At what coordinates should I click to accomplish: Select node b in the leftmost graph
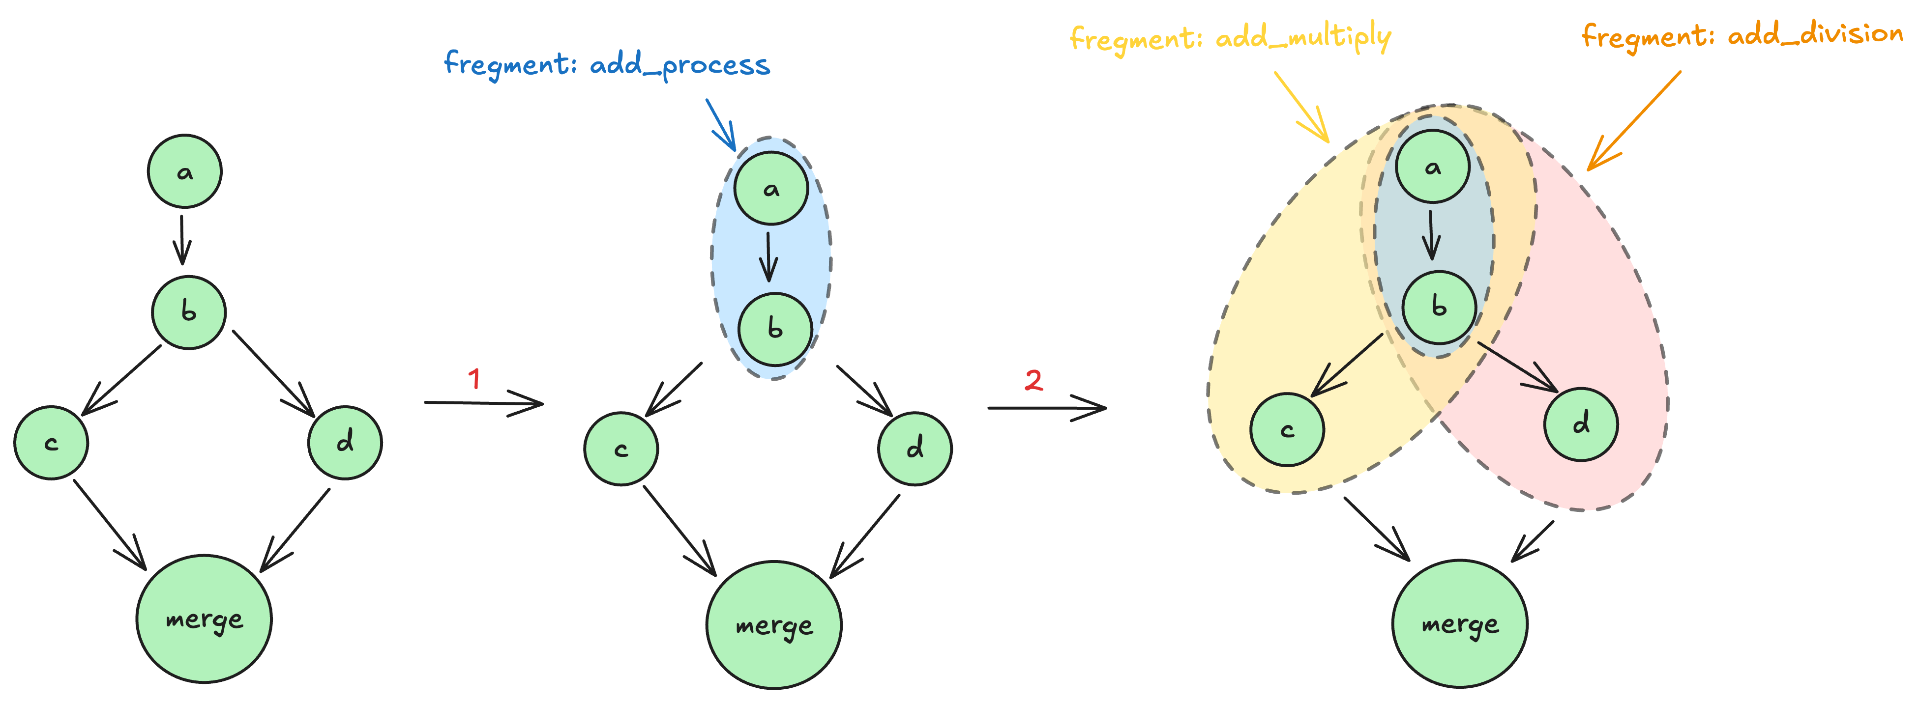[188, 312]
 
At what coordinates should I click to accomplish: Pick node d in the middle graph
[915, 449]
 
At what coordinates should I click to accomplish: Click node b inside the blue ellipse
[775, 329]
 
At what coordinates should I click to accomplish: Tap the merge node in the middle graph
[774, 625]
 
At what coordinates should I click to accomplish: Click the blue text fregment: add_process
[606, 65]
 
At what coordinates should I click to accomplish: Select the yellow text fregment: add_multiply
[1230, 38]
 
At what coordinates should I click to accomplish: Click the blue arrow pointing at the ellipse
[720, 124]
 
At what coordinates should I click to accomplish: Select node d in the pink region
[1581, 424]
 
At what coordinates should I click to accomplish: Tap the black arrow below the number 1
[484, 403]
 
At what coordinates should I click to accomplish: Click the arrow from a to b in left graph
[182, 240]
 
